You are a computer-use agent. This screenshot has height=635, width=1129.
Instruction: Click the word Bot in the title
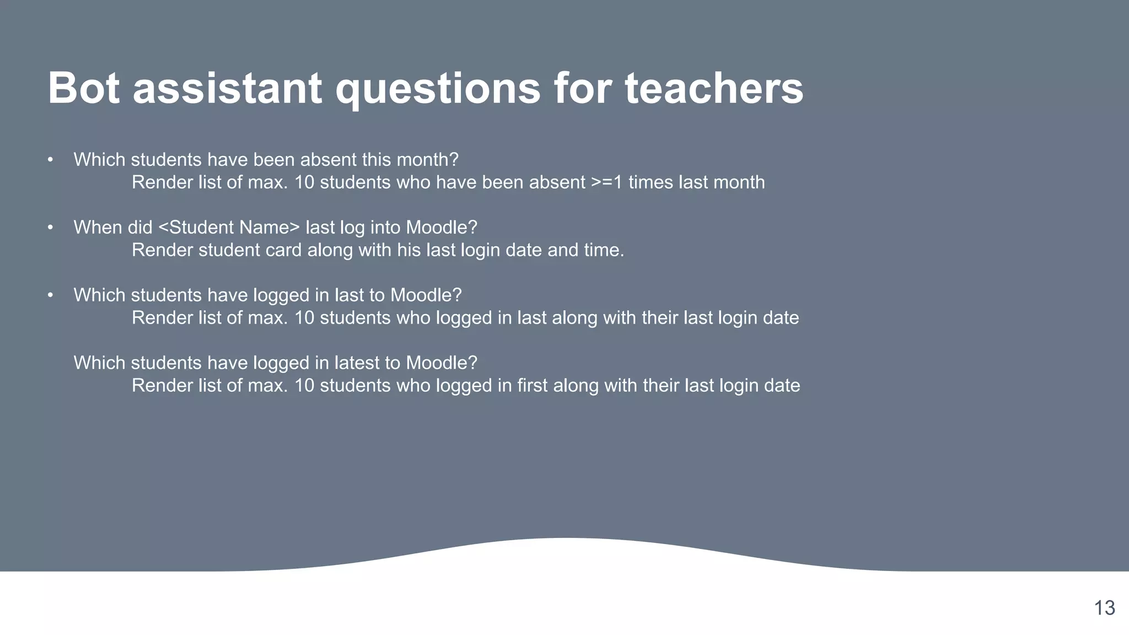pyautogui.click(x=83, y=88)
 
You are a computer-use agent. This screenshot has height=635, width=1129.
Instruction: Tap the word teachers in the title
pyautogui.click(x=714, y=88)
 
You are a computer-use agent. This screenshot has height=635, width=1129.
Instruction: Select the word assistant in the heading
pyautogui.click(x=227, y=88)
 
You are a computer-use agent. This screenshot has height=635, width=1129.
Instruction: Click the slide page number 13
pyautogui.click(x=1104, y=608)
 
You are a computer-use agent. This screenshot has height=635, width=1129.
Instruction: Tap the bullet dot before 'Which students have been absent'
pyautogui.click(x=50, y=160)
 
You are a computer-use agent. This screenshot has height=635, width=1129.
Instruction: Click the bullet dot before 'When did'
pyautogui.click(x=50, y=228)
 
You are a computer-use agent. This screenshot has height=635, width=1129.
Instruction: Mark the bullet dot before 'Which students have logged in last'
pyautogui.click(x=50, y=295)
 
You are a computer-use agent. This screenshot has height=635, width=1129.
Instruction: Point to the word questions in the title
pyautogui.click(x=438, y=88)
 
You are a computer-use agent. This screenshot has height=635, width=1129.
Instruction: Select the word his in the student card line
pyautogui.click(x=408, y=250)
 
